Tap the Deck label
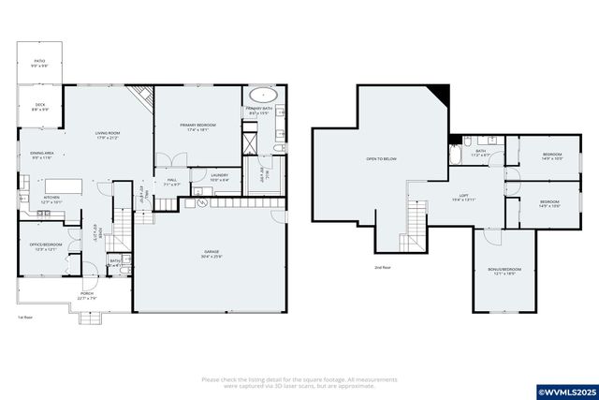click(40, 107)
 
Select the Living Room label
click(108, 135)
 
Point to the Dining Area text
click(42, 155)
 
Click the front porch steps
click(90, 318)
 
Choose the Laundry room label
click(219, 176)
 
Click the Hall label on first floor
click(172, 182)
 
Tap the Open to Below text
click(381, 159)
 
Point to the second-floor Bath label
click(481, 152)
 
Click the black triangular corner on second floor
click(437, 95)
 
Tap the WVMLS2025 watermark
click(565, 389)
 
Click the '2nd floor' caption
click(381, 268)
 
